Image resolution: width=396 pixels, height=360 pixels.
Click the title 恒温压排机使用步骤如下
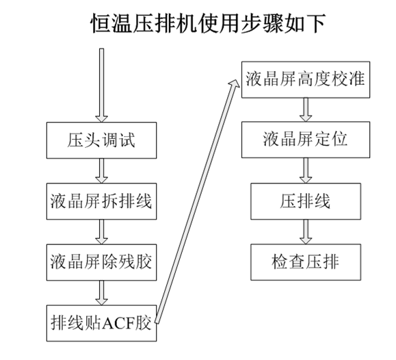click(208, 23)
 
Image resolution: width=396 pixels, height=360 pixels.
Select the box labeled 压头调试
click(101, 140)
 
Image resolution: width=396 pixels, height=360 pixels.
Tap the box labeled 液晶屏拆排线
click(101, 201)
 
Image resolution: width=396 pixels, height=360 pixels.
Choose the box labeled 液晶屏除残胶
click(101, 262)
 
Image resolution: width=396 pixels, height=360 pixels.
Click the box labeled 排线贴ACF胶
click(101, 323)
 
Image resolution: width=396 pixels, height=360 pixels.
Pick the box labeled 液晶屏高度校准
click(306, 79)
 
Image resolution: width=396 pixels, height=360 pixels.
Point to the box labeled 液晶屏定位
click(306, 140)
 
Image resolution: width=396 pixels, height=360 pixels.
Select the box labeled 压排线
click(306, 201)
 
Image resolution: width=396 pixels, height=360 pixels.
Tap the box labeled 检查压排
click(306, 262)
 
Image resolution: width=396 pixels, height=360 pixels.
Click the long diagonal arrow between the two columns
click(197, 201)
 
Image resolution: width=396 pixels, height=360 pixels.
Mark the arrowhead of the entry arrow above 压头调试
click(101, 119)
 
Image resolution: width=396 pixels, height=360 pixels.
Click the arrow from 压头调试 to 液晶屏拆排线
click(101, 171)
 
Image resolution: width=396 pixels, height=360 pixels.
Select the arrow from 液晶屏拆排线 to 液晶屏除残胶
click(101, 232)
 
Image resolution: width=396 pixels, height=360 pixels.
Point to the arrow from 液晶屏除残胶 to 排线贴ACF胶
click(101, 293)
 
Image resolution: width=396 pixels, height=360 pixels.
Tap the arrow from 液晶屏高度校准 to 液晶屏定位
click(306, 110)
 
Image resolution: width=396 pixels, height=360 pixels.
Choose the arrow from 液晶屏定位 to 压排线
click(306, 170)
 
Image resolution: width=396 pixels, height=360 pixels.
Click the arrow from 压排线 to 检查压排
click(306, 232)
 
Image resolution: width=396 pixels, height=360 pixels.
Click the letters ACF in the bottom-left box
click(118, 323)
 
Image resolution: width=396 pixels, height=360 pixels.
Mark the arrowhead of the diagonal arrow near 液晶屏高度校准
click(235, 84)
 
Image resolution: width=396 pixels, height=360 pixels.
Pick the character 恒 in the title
click(101, 23)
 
